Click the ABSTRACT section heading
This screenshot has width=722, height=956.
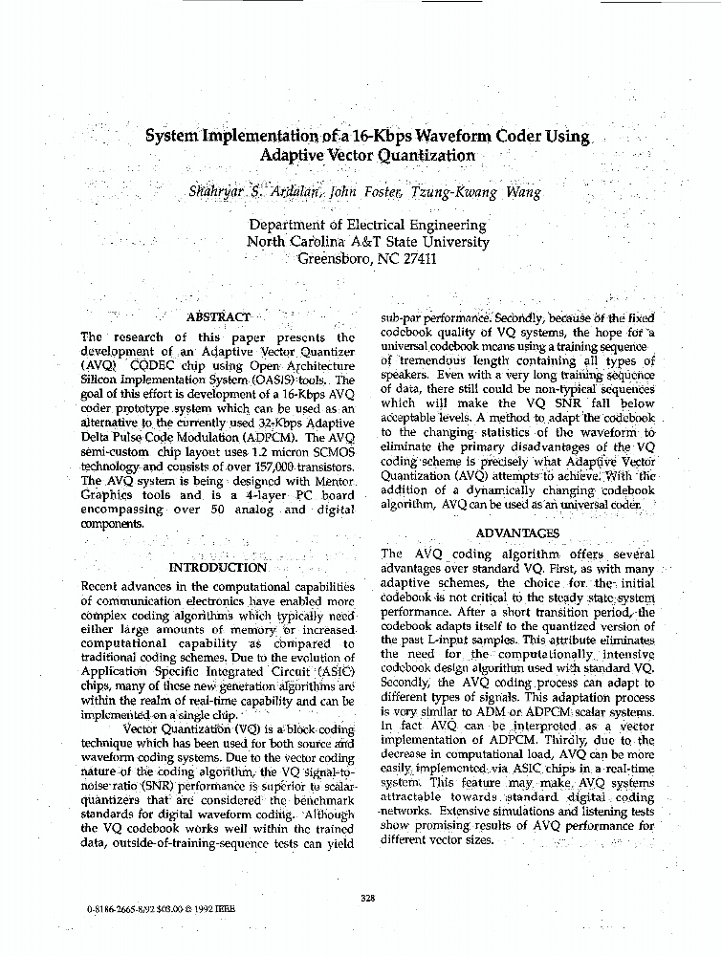[x=218, y=316]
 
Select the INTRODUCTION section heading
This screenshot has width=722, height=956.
[x=218, y=568]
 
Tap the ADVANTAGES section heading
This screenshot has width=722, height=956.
[x=517, y=532]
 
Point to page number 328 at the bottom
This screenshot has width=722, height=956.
[x=367, y=896]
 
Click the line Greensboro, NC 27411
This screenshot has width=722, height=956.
[x=367, y=258]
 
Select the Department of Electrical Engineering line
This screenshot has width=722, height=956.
[x=367, y=225]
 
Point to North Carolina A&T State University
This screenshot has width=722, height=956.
[x=367, y=242]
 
